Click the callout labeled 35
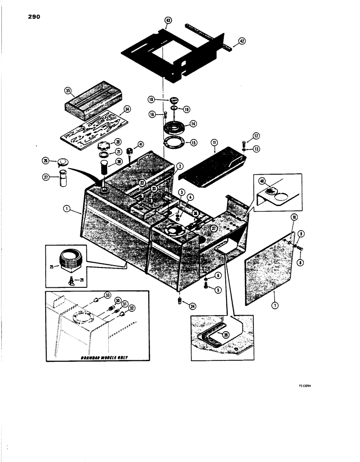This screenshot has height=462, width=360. [68, 91]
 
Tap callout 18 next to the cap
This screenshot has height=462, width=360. [151, 99]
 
